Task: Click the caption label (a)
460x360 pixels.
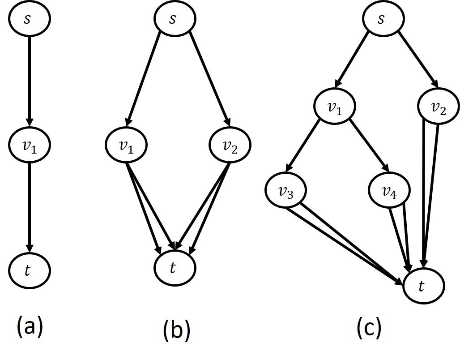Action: pos(30,326)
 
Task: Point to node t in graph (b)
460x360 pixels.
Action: pos(175,267)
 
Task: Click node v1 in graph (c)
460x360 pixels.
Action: pos(335,108)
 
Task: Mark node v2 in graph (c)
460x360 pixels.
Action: pos(439,108)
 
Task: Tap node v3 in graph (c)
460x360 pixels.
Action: pos(286,191)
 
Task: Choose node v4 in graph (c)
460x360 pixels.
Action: pos(389,191)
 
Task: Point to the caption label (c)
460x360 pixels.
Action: pos(369,328)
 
